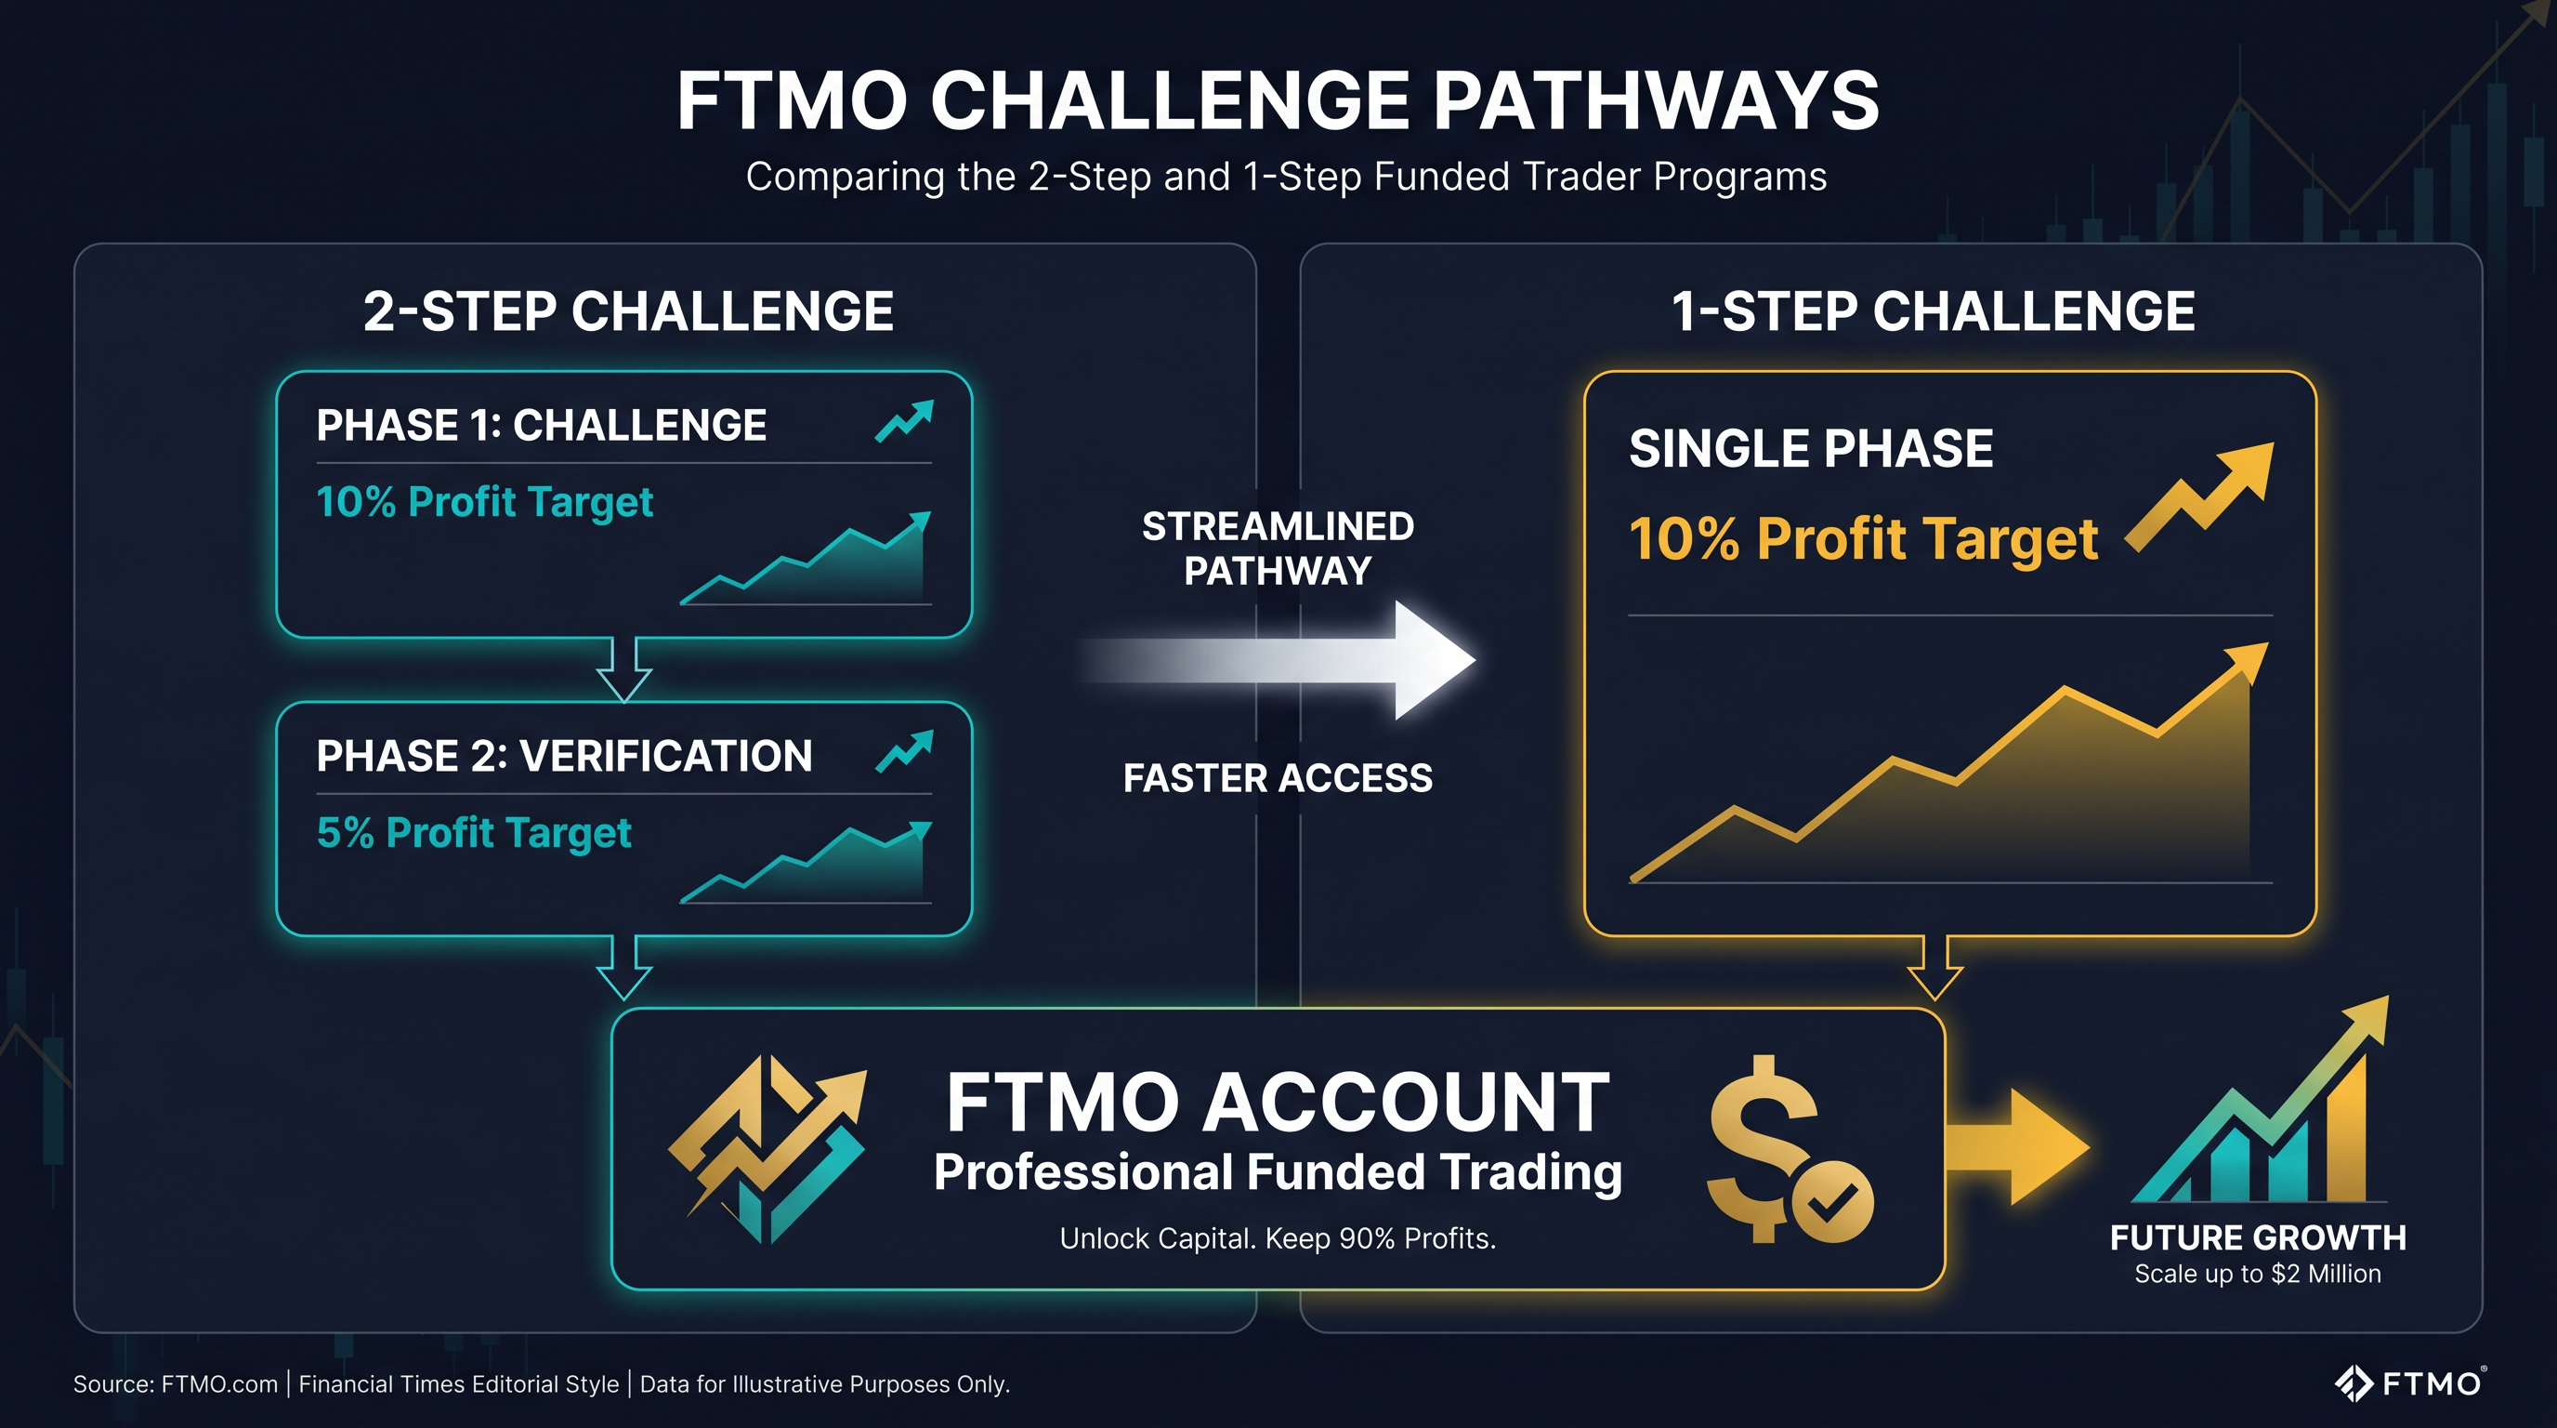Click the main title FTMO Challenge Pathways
click(x=1278, y=101)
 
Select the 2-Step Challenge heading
click(x=628, y=311)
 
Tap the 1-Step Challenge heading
click(x=1933, y=311)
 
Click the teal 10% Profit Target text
click(x=484, y=502)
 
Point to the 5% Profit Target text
click(x=474, y=833)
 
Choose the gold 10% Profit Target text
click(x=1862, y=539)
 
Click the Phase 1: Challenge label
click(x=541, y=426)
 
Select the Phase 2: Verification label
click(x=564, y=757)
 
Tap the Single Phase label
click(x=1811, y=449)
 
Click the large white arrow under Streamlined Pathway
click(x=1291, y=659)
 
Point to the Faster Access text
click(x=1278, y=778)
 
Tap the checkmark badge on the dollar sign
click(x=1832, y=1201)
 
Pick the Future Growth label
click(x=2257, y=1238)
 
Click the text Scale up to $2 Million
click(x=2257, y=1274)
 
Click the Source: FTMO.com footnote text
click(x=175, y=1384)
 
